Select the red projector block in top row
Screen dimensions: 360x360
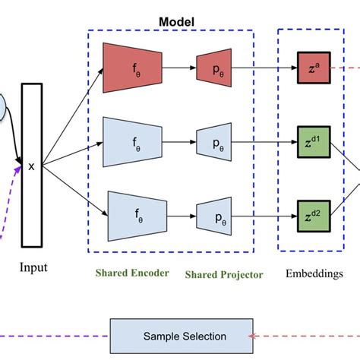click(x=216, y=70)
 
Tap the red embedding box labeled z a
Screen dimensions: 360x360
click(x=311, y=70)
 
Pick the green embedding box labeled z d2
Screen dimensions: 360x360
click(x=311, y=215)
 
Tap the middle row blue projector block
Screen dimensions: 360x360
click(x=216, y=142)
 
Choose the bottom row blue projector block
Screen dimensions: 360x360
click(x=216, y=215)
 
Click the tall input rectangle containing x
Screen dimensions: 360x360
click(x=31, y=165)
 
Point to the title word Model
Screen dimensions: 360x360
click(x=175, y=21)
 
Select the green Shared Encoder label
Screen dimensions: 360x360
click(x=131, y=273)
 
